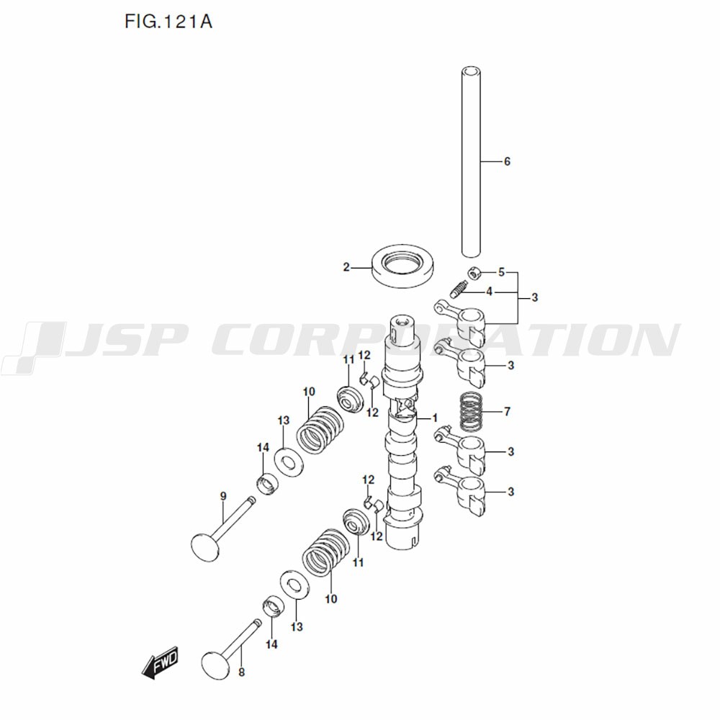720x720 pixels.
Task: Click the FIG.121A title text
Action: click(x=168, y=22)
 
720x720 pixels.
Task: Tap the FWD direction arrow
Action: click(x=160, y=665)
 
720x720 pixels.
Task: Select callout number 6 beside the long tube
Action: click(x=507, y=162)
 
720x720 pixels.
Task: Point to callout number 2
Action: click(x=346, y=267)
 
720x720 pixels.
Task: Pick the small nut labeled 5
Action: click(x=473, y=272)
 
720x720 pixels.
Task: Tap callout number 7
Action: click(x=507, y=412)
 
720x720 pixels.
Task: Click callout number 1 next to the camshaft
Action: click(x=435, y=418)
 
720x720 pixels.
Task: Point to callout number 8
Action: click(x=241, y=672)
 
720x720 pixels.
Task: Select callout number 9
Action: click(x=223, y=496)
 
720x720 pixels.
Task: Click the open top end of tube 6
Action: click(x=471, y=72)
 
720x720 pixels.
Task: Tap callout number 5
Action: click(x=502, y=272)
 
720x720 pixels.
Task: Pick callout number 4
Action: click(x=489, y=292)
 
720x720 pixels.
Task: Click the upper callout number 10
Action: click(x=309, y=392)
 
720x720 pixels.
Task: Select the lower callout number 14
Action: click(x=271, y=644)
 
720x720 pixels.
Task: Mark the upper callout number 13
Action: click(x=283, y=420)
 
